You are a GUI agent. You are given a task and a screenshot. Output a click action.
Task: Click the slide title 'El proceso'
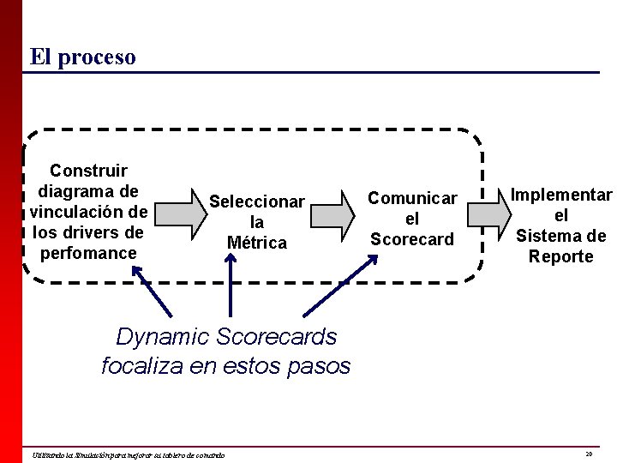[82, 57]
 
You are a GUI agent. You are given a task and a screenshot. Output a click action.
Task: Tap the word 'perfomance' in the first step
[88, 253]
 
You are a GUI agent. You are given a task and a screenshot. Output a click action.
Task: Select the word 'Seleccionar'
[257, 202]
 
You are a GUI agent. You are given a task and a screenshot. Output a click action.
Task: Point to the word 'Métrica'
[257, 244]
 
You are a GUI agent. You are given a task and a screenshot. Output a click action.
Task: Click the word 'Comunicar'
[412, 197]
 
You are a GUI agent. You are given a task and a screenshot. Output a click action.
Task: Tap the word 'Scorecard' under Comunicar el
[412, 239]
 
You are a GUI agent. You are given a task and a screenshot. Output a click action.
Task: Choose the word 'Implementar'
[561, 195]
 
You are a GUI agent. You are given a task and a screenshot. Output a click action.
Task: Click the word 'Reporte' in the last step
[561, 256]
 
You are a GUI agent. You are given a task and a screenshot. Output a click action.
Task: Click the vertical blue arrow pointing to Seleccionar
[230, 287]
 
